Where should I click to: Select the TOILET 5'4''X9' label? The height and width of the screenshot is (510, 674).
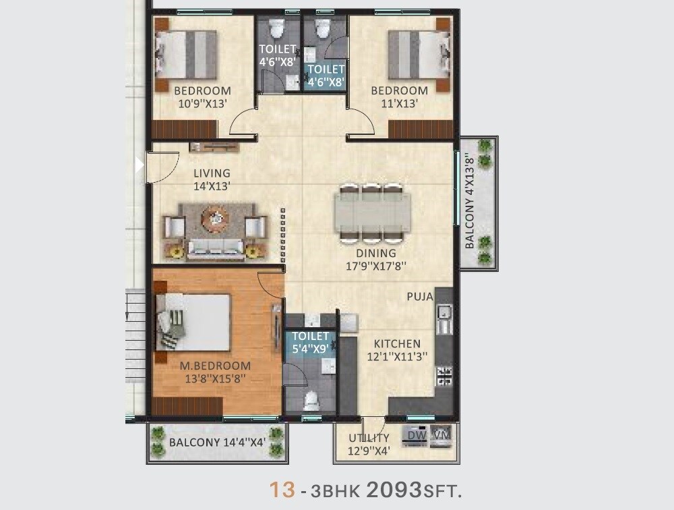[x=310, y=342]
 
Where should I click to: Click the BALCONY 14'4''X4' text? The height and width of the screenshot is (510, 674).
[x=217, y=443]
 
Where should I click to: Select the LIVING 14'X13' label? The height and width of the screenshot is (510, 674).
[x=212, y=179]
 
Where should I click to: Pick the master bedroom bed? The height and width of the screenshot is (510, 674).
[x=195, y=322]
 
